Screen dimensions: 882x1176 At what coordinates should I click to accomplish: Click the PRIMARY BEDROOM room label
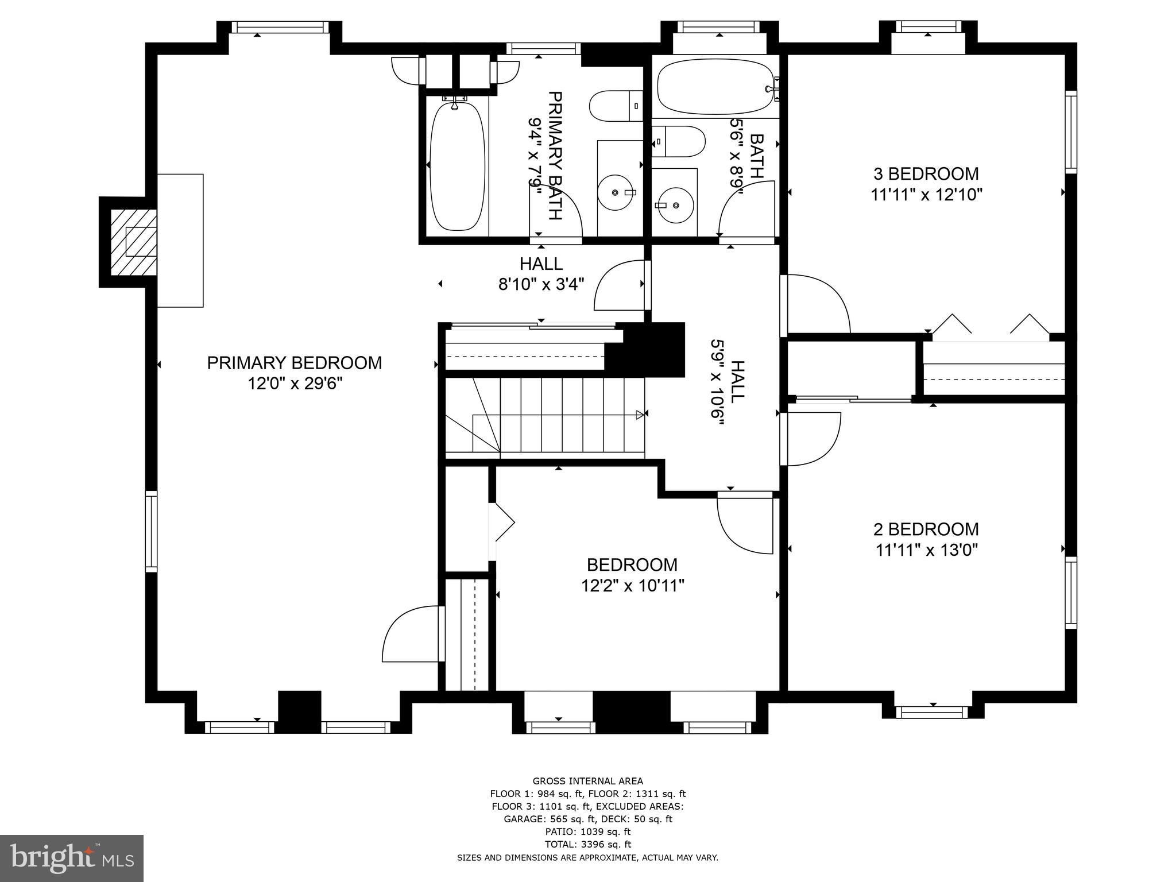pos(294,363)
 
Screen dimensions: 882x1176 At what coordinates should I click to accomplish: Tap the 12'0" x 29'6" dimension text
pos(295,384)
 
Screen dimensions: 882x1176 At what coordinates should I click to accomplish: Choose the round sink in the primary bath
pos(615,193)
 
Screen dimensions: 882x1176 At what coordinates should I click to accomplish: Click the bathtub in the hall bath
pos(715,88)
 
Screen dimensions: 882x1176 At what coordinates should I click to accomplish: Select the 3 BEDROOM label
pos(926,173)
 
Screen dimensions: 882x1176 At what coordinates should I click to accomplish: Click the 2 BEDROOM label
pos(926,529)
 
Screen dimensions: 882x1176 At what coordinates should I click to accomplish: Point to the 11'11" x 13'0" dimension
pos(926,550)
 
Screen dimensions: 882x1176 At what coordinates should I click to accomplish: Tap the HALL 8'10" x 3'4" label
pos(541,274)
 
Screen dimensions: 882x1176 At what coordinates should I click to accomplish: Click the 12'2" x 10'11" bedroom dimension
pos(632,586)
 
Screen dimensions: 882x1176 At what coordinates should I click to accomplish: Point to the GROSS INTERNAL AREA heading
pos(587,781)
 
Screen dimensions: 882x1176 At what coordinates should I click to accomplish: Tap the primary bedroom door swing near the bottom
pos(412,635)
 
